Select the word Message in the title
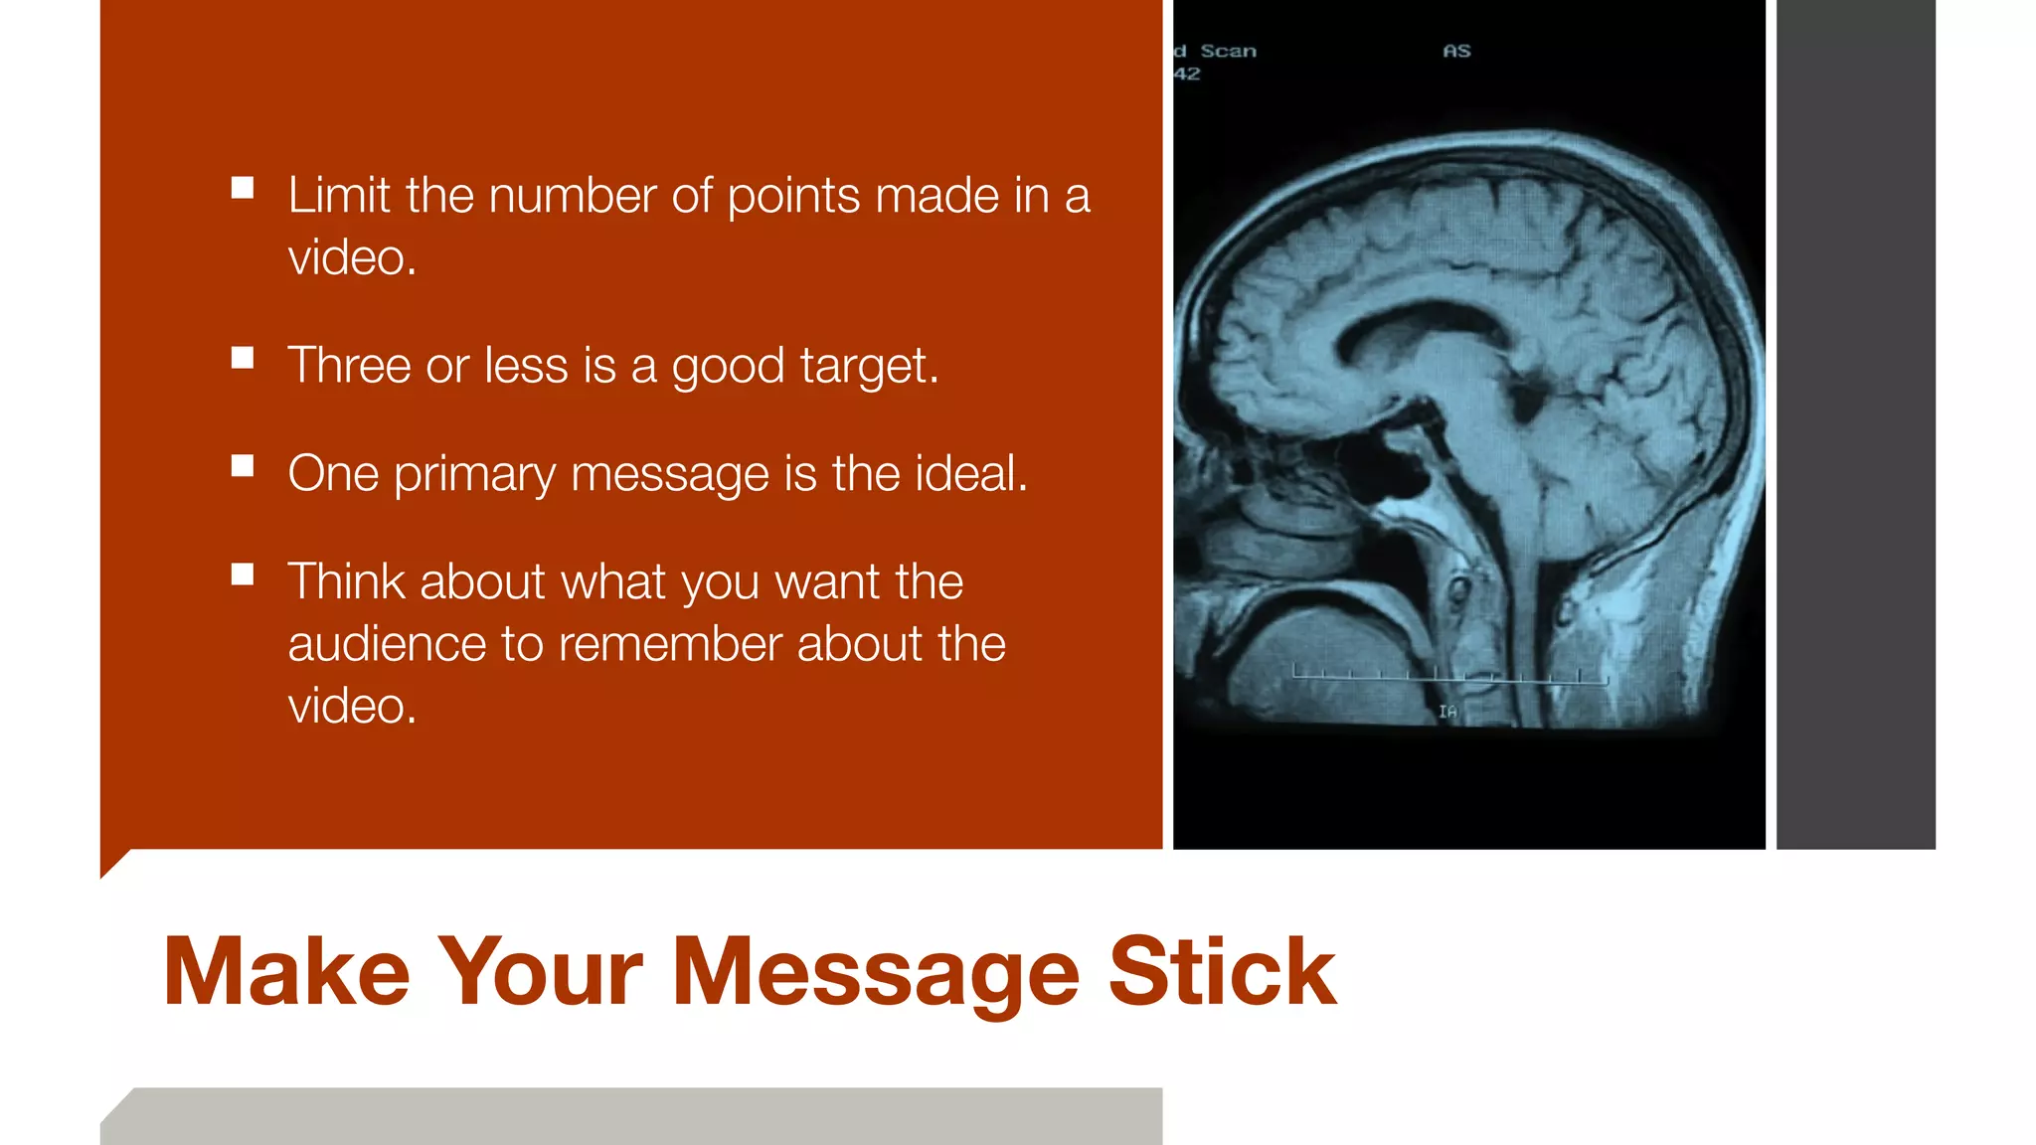[x=876, y=974]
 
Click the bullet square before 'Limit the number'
[x=243, y=188]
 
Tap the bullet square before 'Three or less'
[x=243, y=358]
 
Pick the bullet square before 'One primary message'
[x=243, y=466]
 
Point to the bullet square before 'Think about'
[x=243, y=574]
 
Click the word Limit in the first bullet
[x=338, y=195]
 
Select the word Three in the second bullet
[x=349, y=365]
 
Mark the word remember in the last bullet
[x=669, y=644]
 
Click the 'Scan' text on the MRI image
[x=1228, y=51]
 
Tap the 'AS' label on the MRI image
[x=1456, y=51]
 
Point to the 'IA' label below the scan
[x=1447, y=712]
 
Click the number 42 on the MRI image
[x=1187, y=74]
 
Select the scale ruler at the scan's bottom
[x=1449, y=676]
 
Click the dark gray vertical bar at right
[x=1855, y=424]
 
